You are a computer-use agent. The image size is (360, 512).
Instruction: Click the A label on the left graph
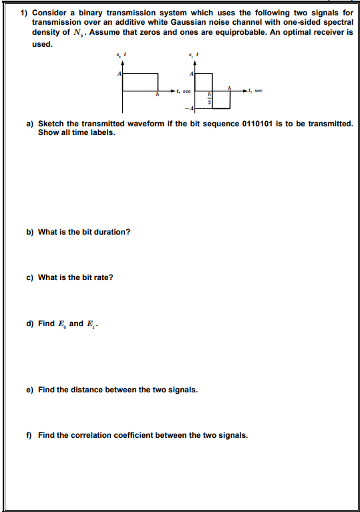tap(120, 73)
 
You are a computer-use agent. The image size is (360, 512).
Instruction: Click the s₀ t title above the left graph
tap(120, 54)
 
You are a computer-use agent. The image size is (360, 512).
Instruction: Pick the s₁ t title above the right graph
tap(194, 54)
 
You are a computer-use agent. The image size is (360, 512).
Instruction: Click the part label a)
tap(30, 124)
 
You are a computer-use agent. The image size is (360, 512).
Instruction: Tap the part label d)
tap(30, 324)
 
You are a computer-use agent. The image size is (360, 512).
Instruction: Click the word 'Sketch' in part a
tap(51, 124)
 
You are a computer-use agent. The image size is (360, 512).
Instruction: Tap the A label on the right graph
tap(192, 73)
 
